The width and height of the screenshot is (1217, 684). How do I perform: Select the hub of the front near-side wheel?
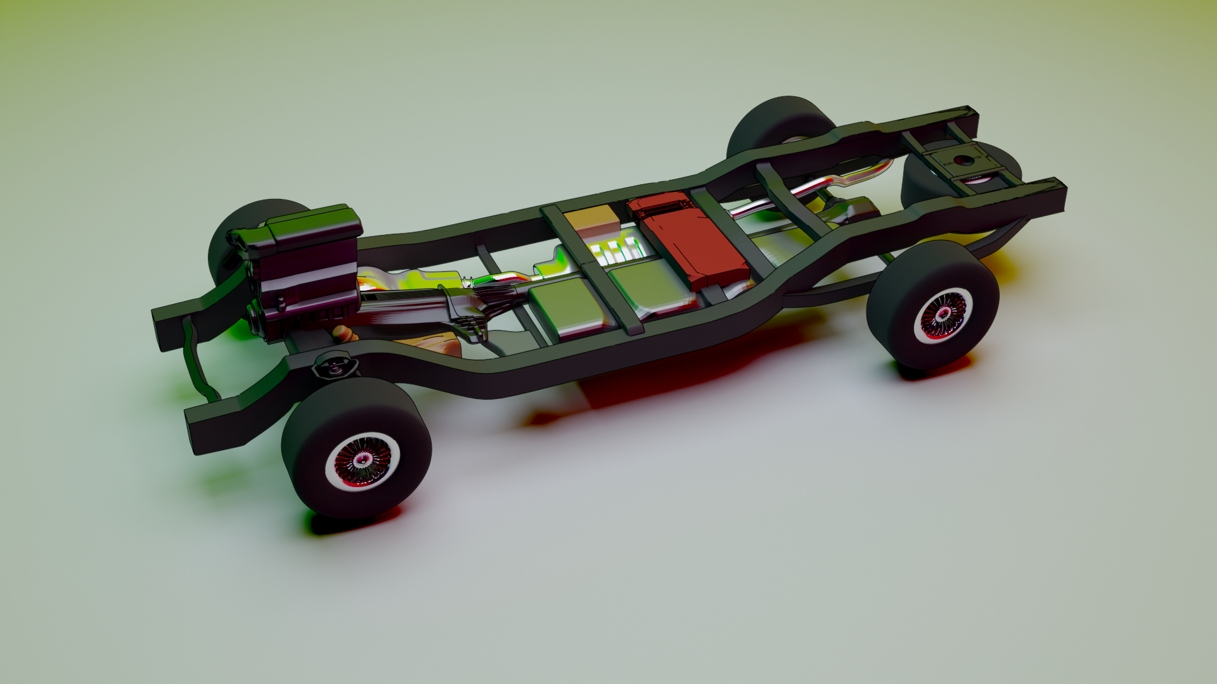359,461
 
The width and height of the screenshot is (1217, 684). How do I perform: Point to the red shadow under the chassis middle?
666,374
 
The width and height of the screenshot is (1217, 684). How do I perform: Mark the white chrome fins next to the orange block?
615,253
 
